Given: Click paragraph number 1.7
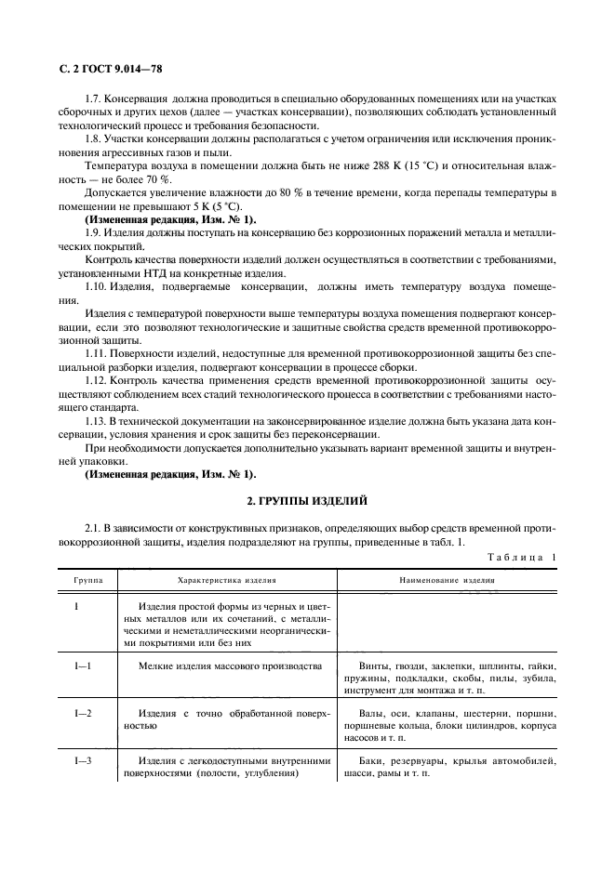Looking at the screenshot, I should tap(94, 99).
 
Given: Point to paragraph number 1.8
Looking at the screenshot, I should tap(94, 139).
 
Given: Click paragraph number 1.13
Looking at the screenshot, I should tap(97, 422).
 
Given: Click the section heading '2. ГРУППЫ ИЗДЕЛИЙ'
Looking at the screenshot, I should tap(307, 500).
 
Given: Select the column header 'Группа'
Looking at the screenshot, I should tap(88, 578).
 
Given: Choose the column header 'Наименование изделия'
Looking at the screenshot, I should tap(447, 578).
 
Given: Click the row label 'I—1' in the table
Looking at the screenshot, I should tap(84, 666).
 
